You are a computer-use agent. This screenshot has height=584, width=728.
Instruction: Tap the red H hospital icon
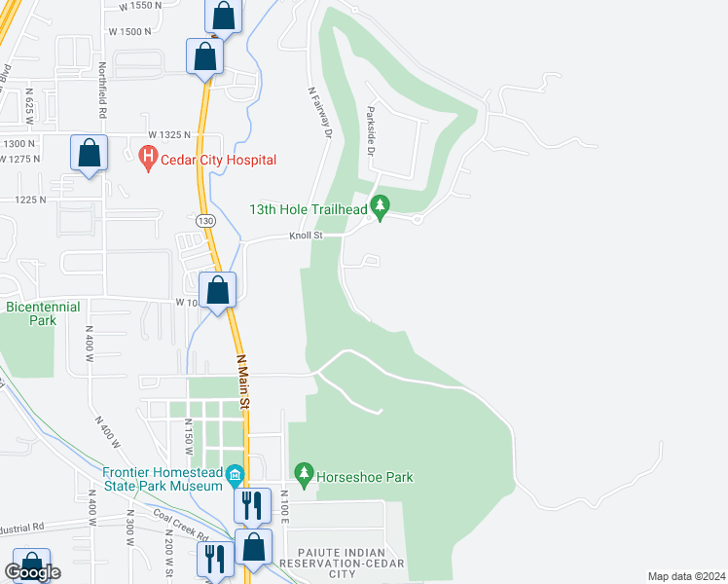[x=148, y=159]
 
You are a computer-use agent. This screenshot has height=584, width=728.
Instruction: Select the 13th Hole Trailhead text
[x=308, y=209]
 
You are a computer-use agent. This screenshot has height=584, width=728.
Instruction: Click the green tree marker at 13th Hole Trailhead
[x=381, y=206]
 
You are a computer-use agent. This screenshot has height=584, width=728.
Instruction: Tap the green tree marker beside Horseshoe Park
[x=305, y=474]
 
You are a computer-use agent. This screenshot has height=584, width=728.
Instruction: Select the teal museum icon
[x=235, y=476]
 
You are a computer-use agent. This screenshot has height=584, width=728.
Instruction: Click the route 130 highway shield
[x=204, y=222]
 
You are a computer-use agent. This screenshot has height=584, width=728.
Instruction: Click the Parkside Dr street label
[x=371, y=131]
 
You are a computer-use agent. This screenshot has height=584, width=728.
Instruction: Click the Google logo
[x=32, y=572]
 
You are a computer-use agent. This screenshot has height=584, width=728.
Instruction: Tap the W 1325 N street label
[x=168, y=133]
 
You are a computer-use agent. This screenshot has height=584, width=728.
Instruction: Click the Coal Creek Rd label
[x=180, y=526]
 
